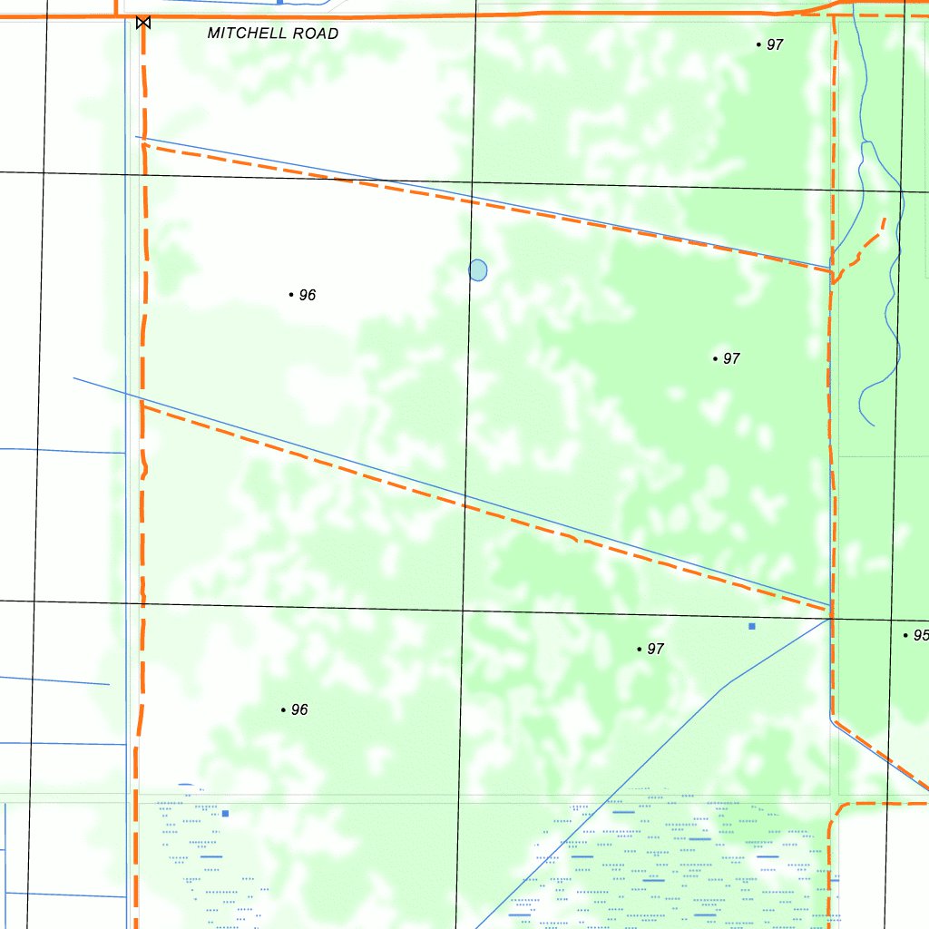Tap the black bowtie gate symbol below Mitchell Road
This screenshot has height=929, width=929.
[x=142, y=23]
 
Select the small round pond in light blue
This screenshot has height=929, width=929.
[x=478, y=269]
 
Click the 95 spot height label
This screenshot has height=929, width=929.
[x=920, y=635]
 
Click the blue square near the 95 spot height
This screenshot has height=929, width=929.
[x=751, y=626]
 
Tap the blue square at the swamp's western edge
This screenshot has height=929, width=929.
[x=225, y=813]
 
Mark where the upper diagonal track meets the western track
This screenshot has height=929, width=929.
[x=143, y=143]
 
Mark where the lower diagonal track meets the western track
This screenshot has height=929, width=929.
[x=142, y=406]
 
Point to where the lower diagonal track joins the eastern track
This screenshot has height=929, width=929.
[x=830, y=611]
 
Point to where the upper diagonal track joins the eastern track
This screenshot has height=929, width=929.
[x=832, y=269]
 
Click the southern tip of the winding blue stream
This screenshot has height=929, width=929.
[x=874, y=425]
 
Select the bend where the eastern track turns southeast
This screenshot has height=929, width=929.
[x=833, y=720]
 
